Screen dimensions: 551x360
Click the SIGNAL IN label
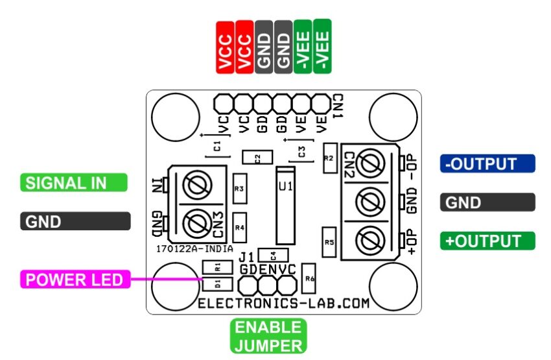[74, 182]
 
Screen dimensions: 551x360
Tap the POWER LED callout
[75, 279]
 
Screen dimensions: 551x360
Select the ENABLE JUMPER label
[268, 337]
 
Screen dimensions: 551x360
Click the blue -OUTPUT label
[487, 163]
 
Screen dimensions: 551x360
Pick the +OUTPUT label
[487, 241]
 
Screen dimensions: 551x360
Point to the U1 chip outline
[285, 206]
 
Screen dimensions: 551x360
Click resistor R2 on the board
[330, 158]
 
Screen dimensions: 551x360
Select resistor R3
[240, 189]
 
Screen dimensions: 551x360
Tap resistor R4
[240, 228]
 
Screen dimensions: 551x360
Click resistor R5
[329, 242]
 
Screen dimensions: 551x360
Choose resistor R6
[309, 278]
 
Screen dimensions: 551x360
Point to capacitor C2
[257, 157]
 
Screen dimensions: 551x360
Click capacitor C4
[273, 255]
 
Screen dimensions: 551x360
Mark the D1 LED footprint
[218, 284]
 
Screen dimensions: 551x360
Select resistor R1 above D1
[218, 267]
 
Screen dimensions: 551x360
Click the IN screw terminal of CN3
[198, 185]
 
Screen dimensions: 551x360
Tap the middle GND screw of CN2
[370, 202]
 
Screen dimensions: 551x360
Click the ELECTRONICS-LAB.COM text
[284, 303]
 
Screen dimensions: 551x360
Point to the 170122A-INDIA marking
[194, 249]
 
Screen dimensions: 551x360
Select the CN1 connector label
[338, 106]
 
